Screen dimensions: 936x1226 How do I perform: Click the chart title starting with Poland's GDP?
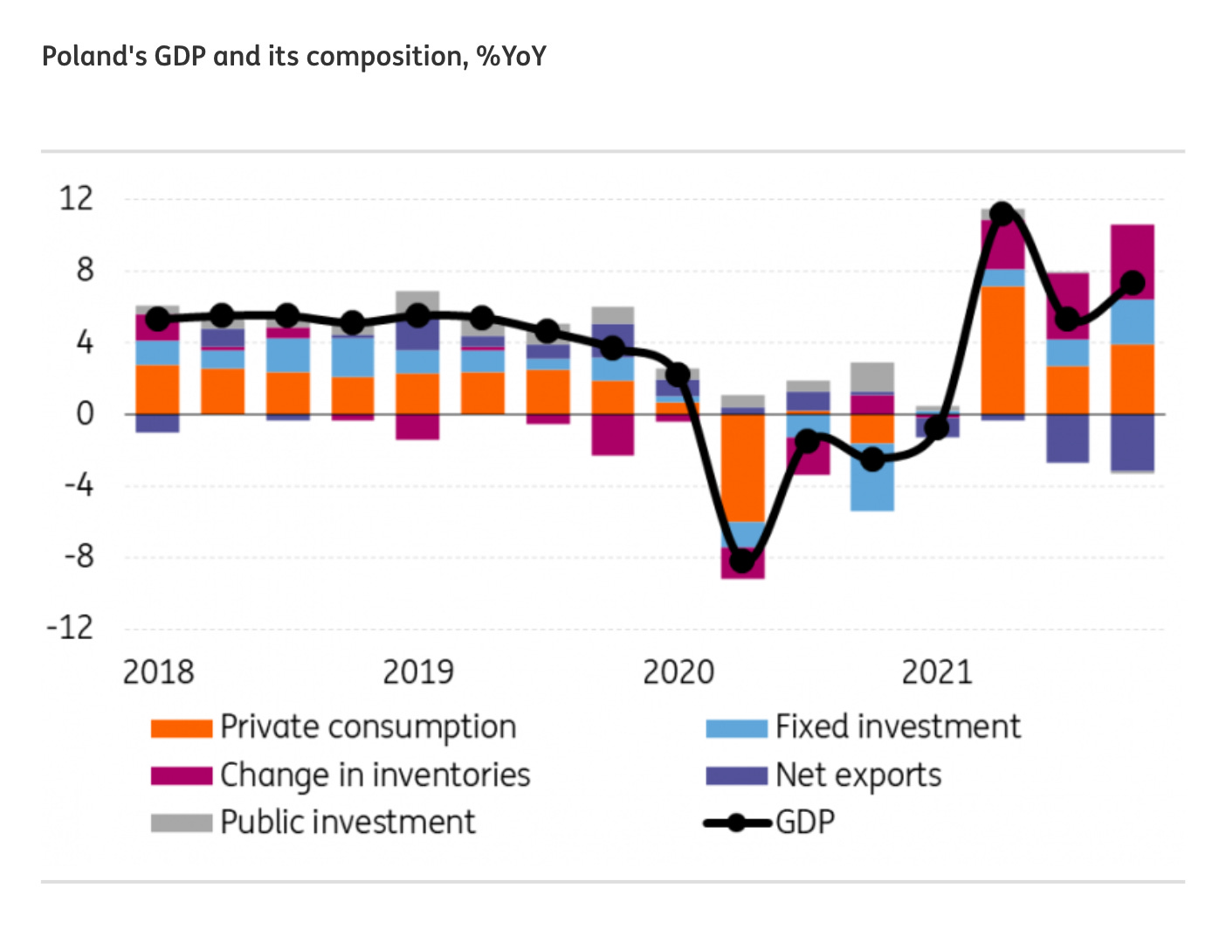tap(293, 57)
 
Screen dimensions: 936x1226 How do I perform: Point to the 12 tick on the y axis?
tap(76, 199)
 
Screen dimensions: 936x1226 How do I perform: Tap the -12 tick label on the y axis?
tap(70, 628)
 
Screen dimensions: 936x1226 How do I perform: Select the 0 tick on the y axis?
tap(85, 413)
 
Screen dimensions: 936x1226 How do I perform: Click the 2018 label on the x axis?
tap(158, 672)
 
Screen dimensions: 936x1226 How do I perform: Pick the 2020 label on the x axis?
tap(678, 672)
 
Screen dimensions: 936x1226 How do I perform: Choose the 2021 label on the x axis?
tap(937, 672)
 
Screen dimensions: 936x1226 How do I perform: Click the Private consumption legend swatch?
tap(181, 728)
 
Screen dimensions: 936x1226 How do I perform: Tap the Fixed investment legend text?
tap(898, 727)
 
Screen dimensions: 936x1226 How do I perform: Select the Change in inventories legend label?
tap(375, 775)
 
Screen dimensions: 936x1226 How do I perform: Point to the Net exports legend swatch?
tap(736, 775)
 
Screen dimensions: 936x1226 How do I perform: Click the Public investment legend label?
tap(348, 822)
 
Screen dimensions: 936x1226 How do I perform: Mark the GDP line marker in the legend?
tap(737, 822)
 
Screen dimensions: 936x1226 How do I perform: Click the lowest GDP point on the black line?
tap(742, 561)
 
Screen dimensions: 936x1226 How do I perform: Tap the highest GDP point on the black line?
tap(1002, 214)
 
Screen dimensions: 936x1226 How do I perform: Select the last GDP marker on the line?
tap(1133, 283)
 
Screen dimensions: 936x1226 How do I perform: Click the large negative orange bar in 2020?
tap(742, 467)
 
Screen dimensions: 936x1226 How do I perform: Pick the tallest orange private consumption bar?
tap(1002, 349)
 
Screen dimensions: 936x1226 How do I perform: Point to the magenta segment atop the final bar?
tap(1133, 261)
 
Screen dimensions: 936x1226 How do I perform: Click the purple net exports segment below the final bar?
tap(1133, 442)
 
